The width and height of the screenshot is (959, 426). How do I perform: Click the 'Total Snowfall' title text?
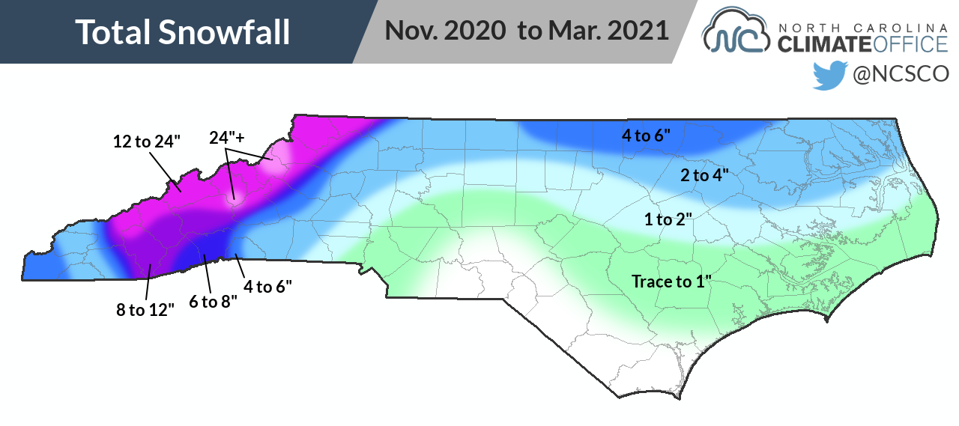[x=183, y=31]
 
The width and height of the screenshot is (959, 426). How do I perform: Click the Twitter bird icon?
[x=830, y=74]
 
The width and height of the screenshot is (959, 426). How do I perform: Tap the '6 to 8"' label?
[x=213, y=301]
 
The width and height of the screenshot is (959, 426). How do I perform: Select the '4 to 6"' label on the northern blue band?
[x=646, y=136]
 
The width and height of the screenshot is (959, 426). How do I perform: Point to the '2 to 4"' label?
[x=704, y=175]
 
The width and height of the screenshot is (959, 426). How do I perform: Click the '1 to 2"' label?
[x=668, y=219]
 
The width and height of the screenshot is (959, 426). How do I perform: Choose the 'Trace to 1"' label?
[x=671, y=282]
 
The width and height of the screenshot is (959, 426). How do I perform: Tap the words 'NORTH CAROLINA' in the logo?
[x=863, y=27]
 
